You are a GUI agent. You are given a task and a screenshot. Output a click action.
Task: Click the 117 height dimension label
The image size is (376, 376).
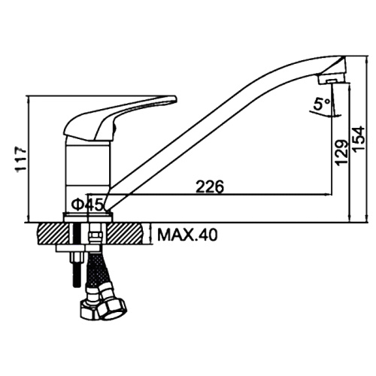[x=21, y=159]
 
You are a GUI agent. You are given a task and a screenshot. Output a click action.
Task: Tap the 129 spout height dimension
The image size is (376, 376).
[x=343, y=153]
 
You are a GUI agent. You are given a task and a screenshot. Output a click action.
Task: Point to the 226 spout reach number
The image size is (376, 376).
[x=210, y=186]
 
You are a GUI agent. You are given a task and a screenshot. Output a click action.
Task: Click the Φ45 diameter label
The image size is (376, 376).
[x=87, y=205]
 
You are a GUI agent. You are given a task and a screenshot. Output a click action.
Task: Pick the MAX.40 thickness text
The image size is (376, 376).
[x=187, y=235]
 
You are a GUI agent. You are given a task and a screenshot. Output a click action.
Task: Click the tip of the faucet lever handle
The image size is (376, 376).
[x=175, y=99]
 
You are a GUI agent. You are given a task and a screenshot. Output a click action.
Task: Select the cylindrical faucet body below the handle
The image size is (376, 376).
[x=87, y=175]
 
